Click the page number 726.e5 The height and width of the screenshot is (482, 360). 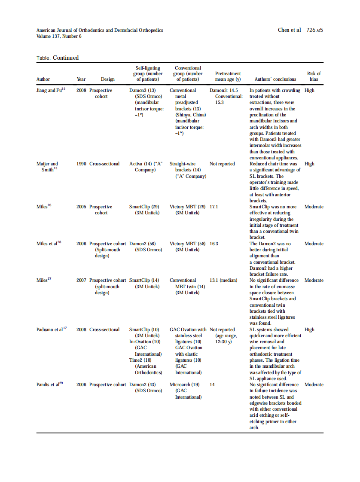(x=314, y=30)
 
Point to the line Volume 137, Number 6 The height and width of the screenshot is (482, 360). (x=59, y=36)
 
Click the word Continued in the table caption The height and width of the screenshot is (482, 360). (x=66, y=58)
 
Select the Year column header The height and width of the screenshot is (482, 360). (x=81, y=79)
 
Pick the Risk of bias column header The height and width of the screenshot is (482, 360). (x=314, y=76)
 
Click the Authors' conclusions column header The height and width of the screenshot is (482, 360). (x=275, y=79)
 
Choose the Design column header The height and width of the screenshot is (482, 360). (x=107, y=79)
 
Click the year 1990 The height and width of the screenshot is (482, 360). (x=81, y=164)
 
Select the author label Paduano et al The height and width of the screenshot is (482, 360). (x=51, y=329)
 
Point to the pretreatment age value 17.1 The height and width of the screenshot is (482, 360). (x=214, y=207)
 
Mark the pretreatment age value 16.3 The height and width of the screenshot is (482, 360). (x=214, y=244)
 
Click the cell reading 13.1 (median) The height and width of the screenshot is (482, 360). (x=223, y=280)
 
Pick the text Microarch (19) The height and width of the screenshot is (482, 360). (x=184, y=384)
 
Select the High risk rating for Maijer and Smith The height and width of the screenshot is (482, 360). (x=309, y=164)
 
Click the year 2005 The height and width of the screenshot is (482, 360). (x=81, y=207)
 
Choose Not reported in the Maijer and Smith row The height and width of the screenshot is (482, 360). (x=222, y=164)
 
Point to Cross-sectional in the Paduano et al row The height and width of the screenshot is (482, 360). (x=104, y=329)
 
